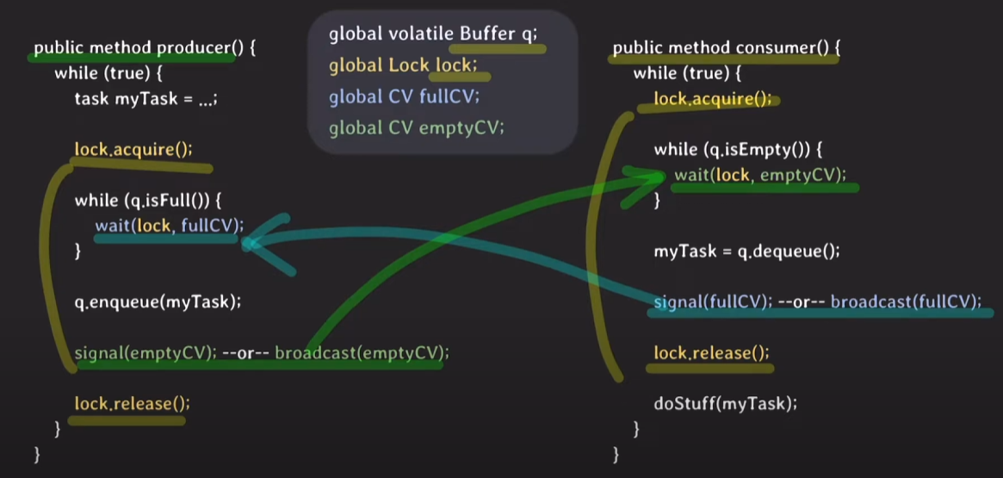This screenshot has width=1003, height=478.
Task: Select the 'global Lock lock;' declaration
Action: point(402,65)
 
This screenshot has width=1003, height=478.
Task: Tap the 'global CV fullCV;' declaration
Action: point(404,96)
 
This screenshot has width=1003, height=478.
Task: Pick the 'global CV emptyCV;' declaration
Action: point(416,128)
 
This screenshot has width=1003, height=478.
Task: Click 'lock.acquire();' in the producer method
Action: point(133,149)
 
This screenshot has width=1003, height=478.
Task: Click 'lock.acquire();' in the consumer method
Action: point(712,98)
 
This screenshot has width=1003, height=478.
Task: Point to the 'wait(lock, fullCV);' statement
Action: point(170,227)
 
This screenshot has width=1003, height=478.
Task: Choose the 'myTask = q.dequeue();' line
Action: point(746,251)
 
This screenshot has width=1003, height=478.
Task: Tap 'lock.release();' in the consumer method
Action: point(711,352)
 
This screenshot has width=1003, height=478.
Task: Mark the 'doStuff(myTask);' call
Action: point(721,402)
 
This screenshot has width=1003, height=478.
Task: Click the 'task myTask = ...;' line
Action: point(145,98)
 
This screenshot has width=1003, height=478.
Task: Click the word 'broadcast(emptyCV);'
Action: point(362,352)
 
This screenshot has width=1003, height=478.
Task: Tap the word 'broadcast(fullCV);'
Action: point(906,301)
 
